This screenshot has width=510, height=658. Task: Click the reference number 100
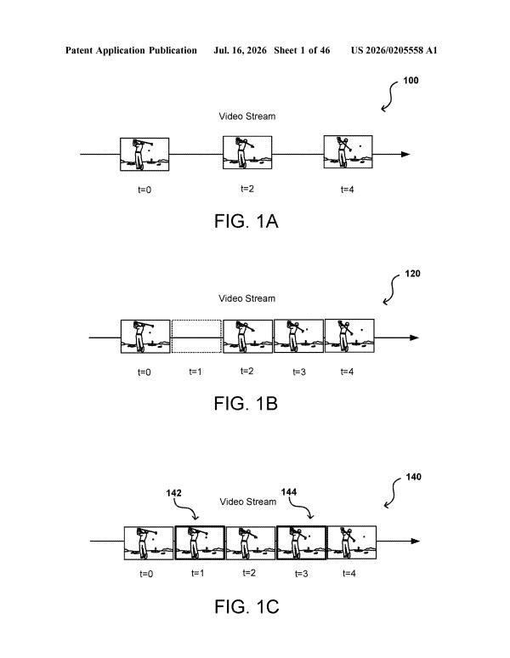point(411,80)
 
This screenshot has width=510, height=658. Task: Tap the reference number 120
point(412,274)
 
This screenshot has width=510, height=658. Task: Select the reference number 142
point(173,493)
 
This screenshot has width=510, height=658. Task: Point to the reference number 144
point(288,492)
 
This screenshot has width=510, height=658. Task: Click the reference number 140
point(413,477)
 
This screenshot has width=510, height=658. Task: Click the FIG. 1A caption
point(246,221)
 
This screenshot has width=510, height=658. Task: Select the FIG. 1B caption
point(246,404)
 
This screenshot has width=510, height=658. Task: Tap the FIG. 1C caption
point(246,607)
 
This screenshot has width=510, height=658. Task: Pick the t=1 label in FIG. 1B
point(195,372)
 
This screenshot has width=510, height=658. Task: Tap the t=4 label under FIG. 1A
point(348,190)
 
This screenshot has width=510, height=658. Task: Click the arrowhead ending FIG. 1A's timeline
point(405,154)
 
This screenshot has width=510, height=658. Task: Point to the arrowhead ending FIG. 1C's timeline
point(415,541)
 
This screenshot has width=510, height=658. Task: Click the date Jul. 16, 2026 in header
point(240,50)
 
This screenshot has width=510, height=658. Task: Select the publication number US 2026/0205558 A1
point(394,50)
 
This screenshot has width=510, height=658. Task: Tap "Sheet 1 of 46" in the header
point(302,50)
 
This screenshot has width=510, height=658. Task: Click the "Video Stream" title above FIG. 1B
point(247,298)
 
